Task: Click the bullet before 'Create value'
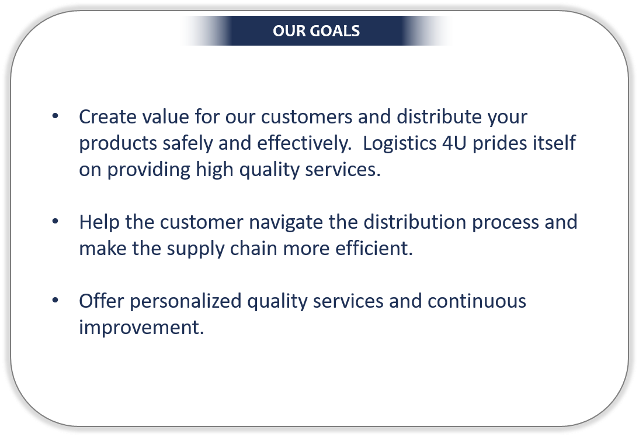point(55,116)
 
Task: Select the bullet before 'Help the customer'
point(55,221)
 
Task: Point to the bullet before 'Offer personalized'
point(55,300)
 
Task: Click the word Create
point(107,116)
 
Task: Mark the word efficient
point(374,249)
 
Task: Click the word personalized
point(186,301)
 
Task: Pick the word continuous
point(477,301)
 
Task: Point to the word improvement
point(141,328)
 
